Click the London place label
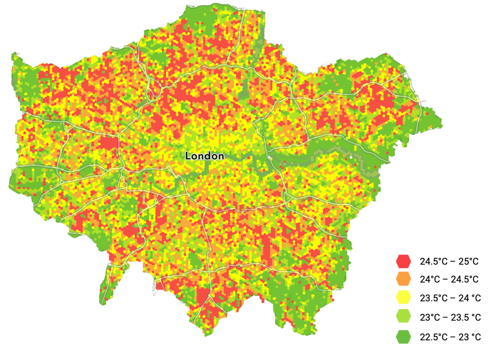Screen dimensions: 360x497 [205, 156]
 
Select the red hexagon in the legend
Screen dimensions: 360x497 [403, 261]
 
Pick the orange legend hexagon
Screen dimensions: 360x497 [403, 279]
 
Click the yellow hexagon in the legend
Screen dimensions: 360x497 [403, 298]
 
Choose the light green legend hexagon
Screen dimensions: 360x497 [403, 317]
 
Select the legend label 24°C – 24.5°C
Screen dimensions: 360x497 [449, 280]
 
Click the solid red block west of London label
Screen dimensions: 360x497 [109, 143]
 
